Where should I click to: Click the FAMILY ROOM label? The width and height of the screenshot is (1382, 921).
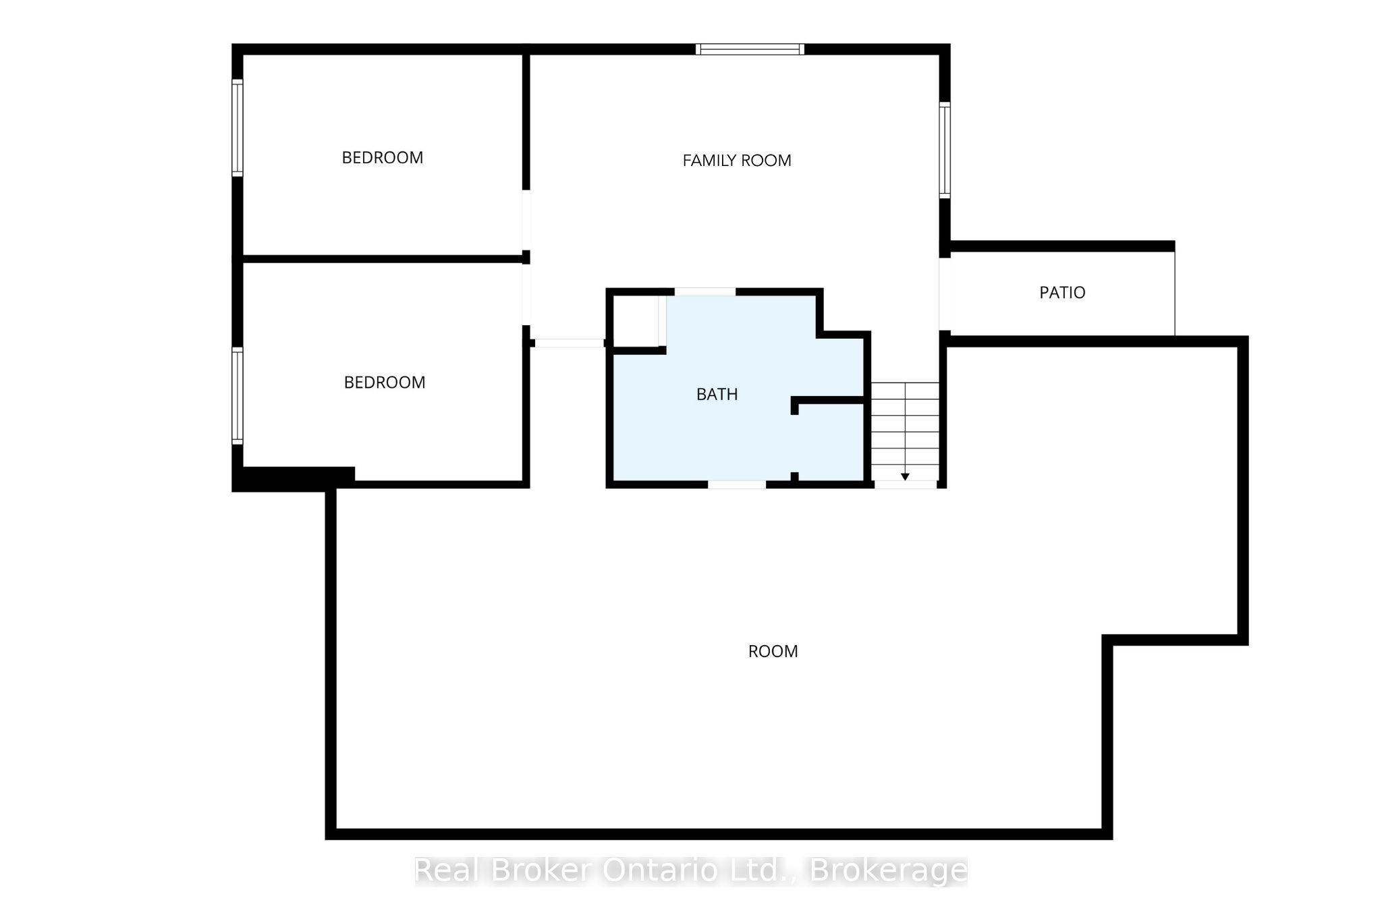(737, 161)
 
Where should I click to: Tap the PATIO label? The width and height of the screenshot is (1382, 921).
(1062, 293)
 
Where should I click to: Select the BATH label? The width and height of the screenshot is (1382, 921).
(717, 394)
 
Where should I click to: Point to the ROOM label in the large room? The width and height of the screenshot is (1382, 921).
(773, 651)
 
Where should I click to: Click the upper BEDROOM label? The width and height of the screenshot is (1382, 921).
(383, 158)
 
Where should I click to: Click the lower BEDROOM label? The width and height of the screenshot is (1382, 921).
(385, 383)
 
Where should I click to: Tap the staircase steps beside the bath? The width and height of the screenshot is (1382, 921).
(905, 432)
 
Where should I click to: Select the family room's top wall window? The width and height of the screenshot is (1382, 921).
(750, 49)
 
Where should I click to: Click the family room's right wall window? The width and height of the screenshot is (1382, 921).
(945, 150)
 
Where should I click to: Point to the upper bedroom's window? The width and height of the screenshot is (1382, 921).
(238, 128)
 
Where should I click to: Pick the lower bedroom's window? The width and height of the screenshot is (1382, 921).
(238, 396)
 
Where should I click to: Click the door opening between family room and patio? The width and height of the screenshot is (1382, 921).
(945, 294)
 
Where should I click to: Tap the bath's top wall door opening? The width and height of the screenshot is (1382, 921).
(705, 291)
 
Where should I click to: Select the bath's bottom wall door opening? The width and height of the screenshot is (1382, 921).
(737, 484)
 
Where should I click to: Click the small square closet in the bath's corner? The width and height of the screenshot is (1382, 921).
(636, 321)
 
